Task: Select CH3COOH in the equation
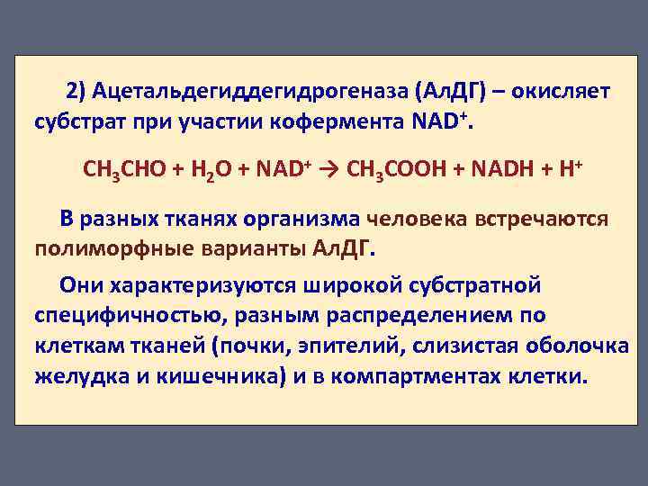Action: coord(395,168)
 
